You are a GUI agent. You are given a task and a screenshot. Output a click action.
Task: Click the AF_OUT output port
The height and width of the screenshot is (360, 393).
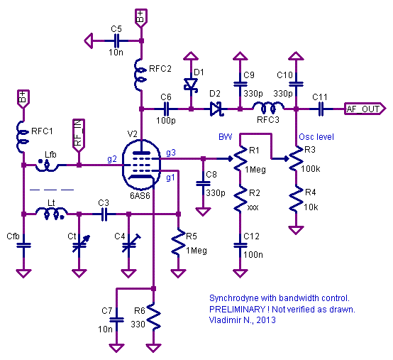point(365,109)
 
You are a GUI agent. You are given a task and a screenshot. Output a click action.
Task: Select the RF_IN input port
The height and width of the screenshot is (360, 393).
point(79,135)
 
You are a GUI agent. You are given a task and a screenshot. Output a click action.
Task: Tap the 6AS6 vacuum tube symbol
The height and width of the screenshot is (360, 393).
point(142,165)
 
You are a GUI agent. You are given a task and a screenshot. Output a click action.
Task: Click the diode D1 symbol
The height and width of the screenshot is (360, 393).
point(191,84)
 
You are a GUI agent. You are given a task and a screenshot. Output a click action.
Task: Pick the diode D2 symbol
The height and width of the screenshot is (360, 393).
point(216,109)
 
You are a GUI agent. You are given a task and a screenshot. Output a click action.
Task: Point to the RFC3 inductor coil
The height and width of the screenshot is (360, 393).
point(267,107)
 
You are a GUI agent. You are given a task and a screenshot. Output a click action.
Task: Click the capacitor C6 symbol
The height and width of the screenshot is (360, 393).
point(166,109)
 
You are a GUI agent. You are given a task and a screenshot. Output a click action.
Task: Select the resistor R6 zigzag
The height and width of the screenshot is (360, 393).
point(153,317)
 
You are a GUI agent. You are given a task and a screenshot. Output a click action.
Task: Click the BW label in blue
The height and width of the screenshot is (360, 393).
point(226,137)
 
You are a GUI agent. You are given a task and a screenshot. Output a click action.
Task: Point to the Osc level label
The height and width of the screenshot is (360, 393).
point(316,137)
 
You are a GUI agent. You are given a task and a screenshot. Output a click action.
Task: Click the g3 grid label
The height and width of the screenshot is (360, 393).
point(171,153)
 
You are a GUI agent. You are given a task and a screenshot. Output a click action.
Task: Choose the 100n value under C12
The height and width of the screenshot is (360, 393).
point(253,255)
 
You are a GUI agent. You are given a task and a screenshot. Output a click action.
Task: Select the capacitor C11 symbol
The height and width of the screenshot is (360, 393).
point(321,109)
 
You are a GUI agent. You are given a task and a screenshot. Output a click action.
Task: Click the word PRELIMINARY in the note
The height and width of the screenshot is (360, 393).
point(237,310)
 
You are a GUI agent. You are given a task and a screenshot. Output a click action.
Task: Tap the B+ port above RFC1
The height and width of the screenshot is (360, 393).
point(23,99)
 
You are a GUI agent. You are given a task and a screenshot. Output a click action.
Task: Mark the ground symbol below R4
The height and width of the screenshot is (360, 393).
point(296,230)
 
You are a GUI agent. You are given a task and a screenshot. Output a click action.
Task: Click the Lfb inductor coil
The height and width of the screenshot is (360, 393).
point(47,165)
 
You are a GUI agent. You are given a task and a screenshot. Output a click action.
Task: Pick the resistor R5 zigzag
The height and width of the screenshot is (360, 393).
point(178,242)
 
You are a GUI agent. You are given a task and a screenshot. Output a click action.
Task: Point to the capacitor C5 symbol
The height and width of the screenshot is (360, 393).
point(117,40)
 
